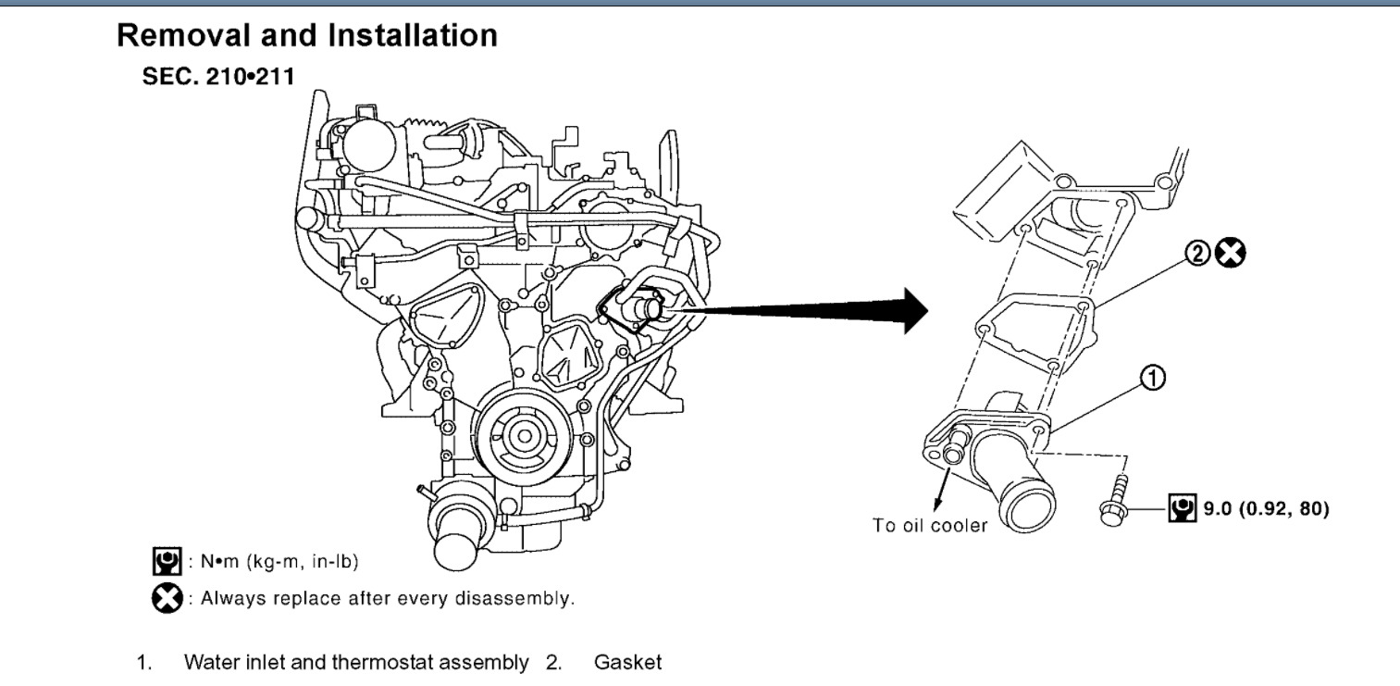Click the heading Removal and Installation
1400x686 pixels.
pyautogui.click(x=306, y=36)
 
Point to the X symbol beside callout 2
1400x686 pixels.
pyautogui.click(x=1232, y=252)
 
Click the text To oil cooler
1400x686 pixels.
pyautogui.click(x=930, y=525)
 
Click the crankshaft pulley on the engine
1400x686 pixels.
pyautogui.click(x=524, y=435)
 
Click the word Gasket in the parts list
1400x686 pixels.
pyautogui.click(x=628, y=663)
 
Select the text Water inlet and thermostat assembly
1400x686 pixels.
pyautogui.click(x=357, y=663)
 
